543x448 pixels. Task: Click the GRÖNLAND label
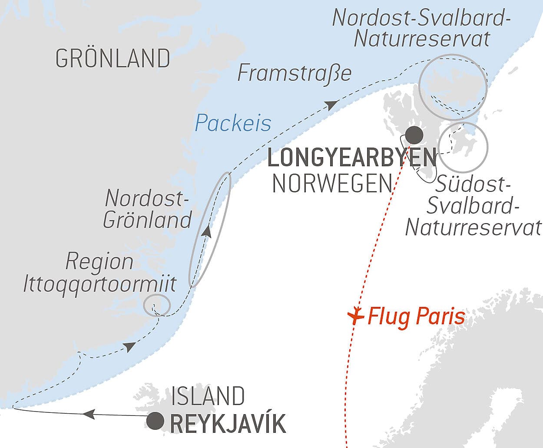pyautogui.click(x=113, y=59)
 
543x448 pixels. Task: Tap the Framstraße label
pyautogui.click(x=294, y=73)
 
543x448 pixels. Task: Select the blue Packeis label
pyautogui.click(x=233, y=123)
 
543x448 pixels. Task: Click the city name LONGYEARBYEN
pyautogui.click(x=352, y=158)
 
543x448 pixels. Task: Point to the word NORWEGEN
pyautogui.click(x=332, y=184)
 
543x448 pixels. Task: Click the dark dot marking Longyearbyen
pyautogui.click(x=414, y=135)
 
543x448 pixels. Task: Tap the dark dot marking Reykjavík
pyautogui.click(x=155, y=421)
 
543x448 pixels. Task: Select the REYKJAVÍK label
pyautogui.click(x=228, y=424)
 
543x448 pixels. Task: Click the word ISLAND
pyautogui.click(x=208, y=396)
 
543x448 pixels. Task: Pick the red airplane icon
pyautogui.click(x=356, y=316)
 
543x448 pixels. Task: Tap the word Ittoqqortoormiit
pyautogui.click(x=99, y=284)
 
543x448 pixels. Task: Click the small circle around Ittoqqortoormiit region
pyautogui.click(x=156, y=305)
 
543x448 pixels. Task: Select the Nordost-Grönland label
pyautogui.click(x=147, y=209)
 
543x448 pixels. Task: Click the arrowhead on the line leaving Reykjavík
pyautogui.click(x=89, y=414)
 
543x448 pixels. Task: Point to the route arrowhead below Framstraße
pyautogui.click(x=331, y=105)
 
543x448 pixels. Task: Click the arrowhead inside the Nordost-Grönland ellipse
pyautogui.click(x=207, y=231)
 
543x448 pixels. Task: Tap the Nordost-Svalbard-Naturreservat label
pyautogui.click(x=421, y=28)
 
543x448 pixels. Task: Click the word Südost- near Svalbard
pyautogui.click(x=472, y=184)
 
